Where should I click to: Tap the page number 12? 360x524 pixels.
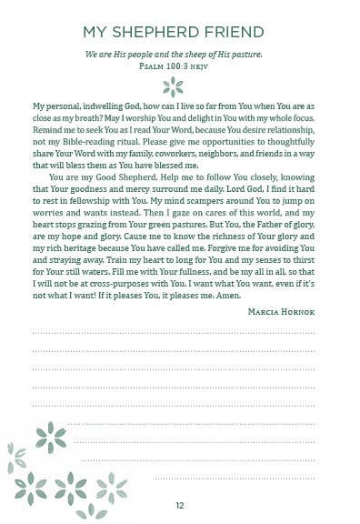[180, 505]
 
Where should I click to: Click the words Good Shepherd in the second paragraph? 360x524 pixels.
[111, 179]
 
